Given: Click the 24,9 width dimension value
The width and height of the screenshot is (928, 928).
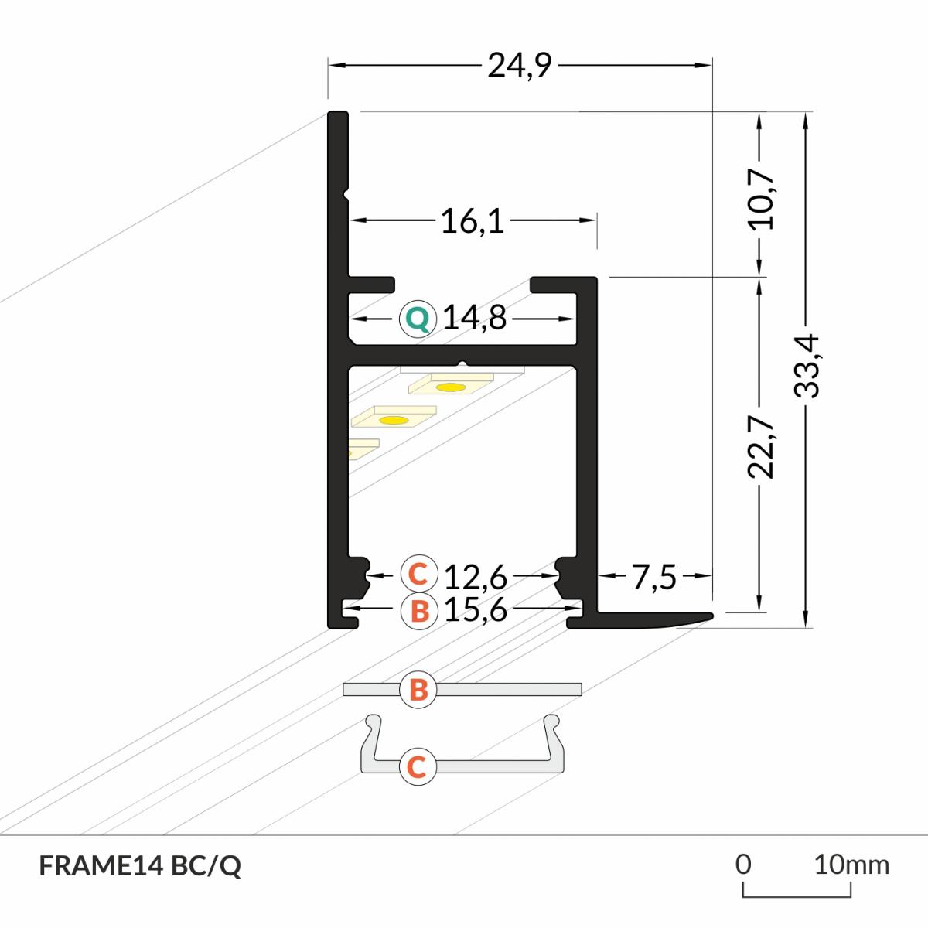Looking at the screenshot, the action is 519,66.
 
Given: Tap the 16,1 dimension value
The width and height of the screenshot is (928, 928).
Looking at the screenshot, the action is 473,222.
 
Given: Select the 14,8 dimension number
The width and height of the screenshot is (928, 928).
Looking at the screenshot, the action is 474,319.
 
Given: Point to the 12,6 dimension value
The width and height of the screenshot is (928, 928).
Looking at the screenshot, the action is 476,577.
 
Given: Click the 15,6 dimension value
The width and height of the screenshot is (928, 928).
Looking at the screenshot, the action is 476,610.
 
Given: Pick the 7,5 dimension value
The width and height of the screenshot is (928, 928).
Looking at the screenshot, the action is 654,577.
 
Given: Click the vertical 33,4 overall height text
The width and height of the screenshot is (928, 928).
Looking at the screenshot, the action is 807,366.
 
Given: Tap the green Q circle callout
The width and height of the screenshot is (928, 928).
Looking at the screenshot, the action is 418,319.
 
